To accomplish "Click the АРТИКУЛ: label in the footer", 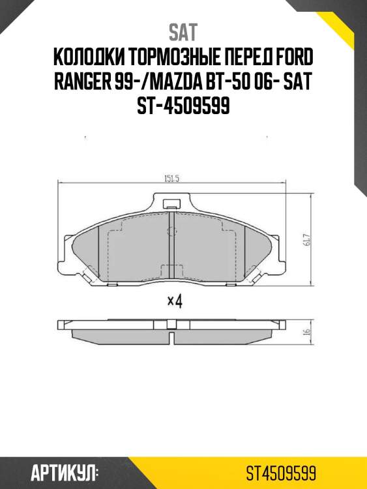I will click(x=64, y=471).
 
